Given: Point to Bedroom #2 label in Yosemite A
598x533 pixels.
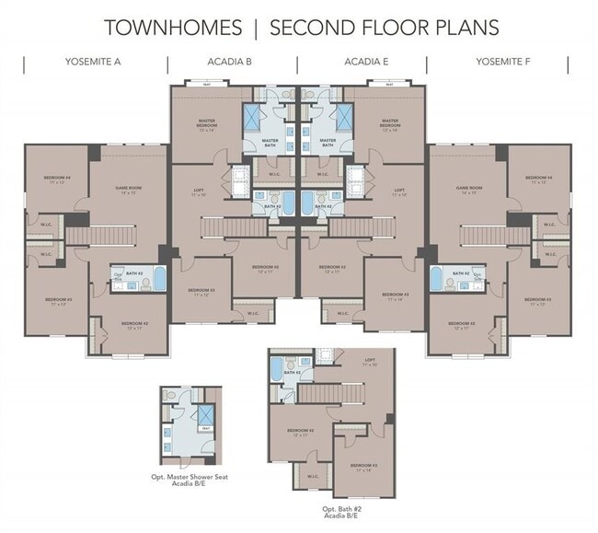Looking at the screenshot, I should coord(134,324).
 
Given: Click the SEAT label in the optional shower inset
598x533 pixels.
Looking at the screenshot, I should coord(206,429).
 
